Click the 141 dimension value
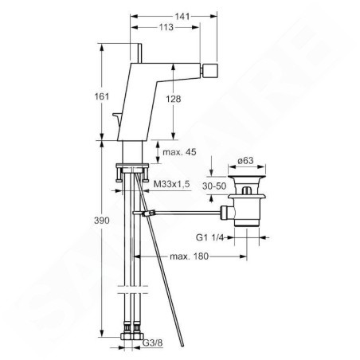pyautogui.click(x=182, y=17)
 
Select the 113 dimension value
pyautogui.click(x=166, y=27)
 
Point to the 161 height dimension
pyautogui.click(x=102, y=96)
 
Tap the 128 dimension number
pyautogui.click(x=174, y=99)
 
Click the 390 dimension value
pyautogui.click(x=102, y=220)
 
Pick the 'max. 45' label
pyautogui.click(x=179, y=152)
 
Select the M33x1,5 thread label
pyautogui.click(x=172, y=184)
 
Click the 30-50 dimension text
pyautogui.click(x=214, y=186)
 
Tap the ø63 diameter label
pyautogui.click(x=245, y=160)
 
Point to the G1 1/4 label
pyautogui.click(x=209, y=237)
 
